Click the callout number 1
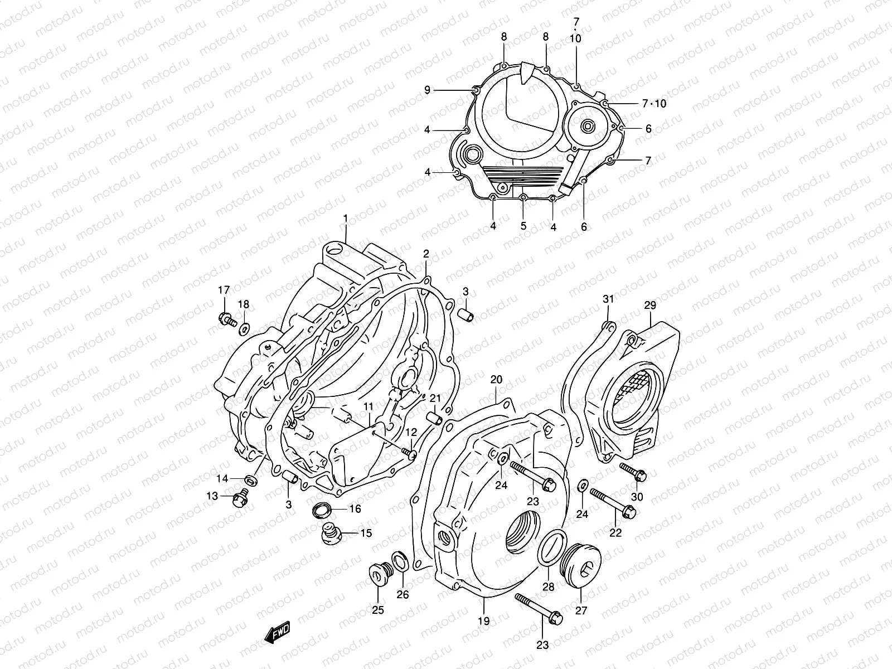pyautogui.click(x=345, y=218)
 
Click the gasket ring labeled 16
pyautogui.click(x=322, y=508)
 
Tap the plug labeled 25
pyautogui.click(x=377, y=574)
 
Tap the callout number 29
pyautogui.click(x=650, y=305)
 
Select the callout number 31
pyautogui.click(x=608, y=299)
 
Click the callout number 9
pyautogui.click(x=428, y=89)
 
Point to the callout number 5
pyautogui.click(x=523, y=226)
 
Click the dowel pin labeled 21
pyautogui.click(x=435, y=418)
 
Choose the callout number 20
pyautogui.click(x=496, y=380)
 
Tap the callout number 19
pyautogui.click(x=483, y=620)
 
